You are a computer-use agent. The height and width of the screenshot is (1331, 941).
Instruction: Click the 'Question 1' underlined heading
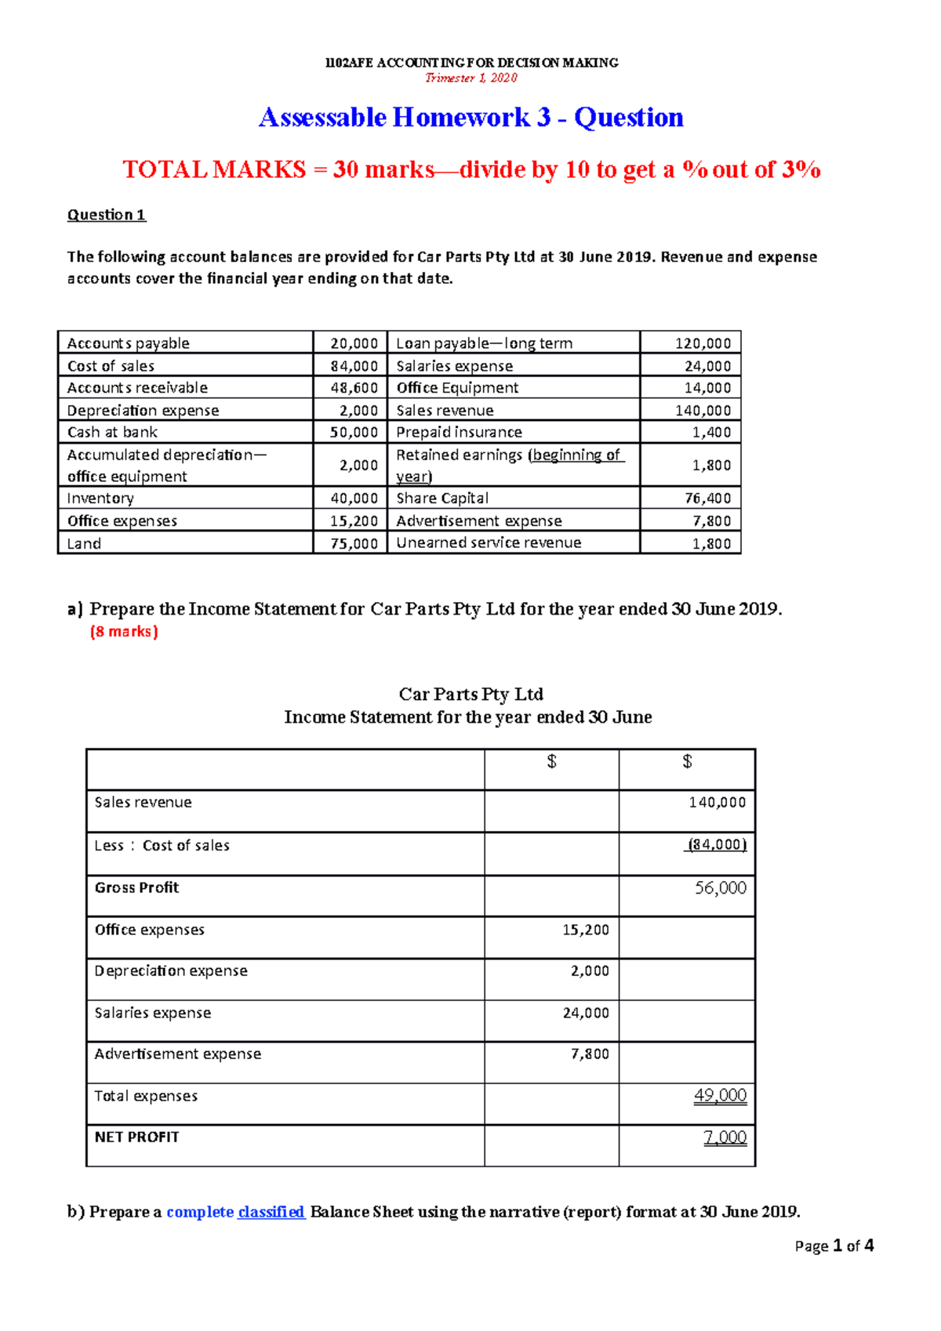coord(107,215)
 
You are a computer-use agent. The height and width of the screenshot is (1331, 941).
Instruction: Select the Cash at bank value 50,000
coord(354,433)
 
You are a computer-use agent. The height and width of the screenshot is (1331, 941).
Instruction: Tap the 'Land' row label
coord(84,544)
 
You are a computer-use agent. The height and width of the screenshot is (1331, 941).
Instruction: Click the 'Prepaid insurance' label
coord(459,433)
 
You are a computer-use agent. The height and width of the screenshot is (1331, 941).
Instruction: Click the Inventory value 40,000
coord(354,499)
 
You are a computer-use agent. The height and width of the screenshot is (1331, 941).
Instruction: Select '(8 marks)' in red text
coord(124,632)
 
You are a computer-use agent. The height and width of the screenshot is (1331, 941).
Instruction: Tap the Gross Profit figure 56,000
coord(721,888)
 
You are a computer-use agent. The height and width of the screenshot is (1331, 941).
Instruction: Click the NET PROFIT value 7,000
coord(725,1137)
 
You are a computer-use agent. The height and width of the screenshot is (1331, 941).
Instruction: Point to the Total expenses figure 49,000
coord(721,1096)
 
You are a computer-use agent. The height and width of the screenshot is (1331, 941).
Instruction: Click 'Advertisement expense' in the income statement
coord(178,1054)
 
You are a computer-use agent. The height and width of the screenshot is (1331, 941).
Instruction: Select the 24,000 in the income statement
coord(586,1013)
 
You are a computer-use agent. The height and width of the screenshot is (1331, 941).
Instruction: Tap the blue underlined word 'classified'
coord(271,1212)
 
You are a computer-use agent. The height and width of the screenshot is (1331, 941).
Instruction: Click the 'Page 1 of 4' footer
coord(834,1246)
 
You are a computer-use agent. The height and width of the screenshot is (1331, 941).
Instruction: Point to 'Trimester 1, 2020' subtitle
coord(471,78)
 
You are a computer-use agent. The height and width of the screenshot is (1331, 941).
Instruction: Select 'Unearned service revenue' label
coord(489,543)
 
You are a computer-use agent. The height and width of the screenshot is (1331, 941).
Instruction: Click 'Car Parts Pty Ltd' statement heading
coord(470,695)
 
